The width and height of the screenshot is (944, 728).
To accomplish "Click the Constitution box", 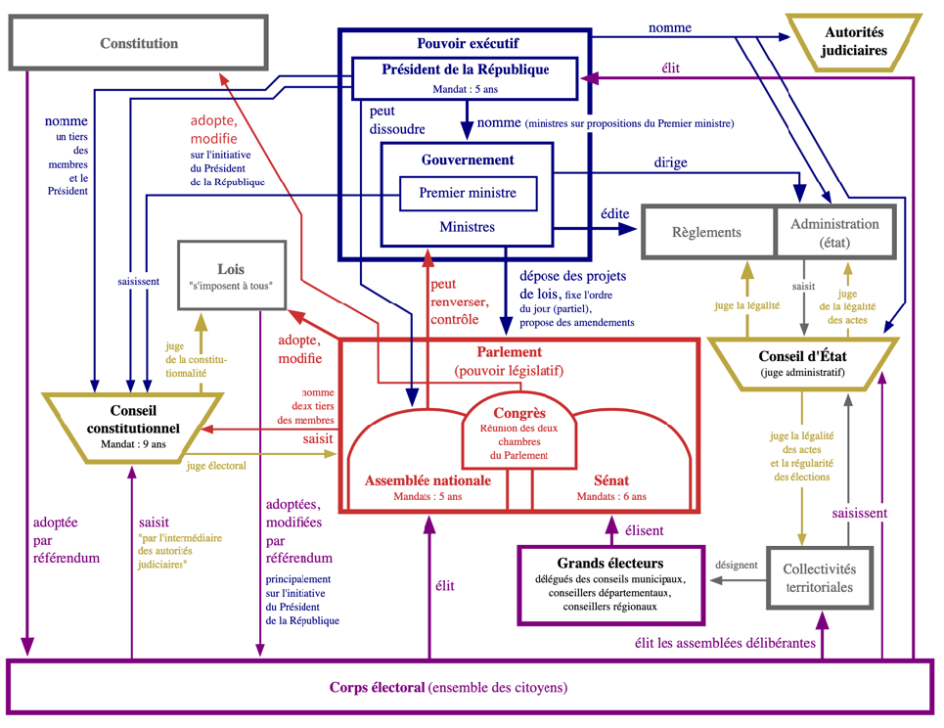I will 139,43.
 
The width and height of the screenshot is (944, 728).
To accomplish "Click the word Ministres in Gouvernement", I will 467,227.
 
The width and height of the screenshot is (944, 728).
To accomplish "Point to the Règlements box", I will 707,233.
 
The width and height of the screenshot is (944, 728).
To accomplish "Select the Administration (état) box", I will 833,233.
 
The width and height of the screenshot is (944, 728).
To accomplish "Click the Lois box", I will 232,275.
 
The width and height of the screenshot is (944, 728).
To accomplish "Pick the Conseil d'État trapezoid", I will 802,363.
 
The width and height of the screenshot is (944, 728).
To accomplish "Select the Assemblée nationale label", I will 427,480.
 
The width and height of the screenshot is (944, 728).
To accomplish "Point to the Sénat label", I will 611,480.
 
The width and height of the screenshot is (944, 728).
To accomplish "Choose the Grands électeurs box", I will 609,585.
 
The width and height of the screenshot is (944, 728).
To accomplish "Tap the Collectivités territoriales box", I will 820,578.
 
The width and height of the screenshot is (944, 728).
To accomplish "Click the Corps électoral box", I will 470,687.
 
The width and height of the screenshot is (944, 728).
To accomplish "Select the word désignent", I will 736,565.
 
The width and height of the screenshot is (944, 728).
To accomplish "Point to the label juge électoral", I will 215,466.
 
